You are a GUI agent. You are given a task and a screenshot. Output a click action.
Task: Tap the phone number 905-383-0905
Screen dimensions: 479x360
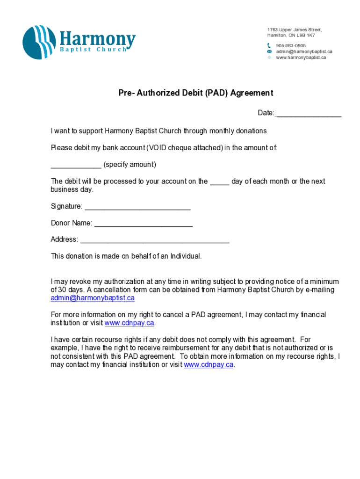[291, 45]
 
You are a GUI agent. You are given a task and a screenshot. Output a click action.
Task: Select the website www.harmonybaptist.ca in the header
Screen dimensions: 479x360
[301, 58]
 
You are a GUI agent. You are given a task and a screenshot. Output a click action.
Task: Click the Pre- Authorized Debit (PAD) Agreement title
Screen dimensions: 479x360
[195, 93]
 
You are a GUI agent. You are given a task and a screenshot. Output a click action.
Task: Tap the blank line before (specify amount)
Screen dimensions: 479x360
[76, 166]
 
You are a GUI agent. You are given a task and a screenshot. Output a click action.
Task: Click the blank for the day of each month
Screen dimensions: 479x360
[219, 182]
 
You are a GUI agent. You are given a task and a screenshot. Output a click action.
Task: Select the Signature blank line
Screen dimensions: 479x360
[137, 207]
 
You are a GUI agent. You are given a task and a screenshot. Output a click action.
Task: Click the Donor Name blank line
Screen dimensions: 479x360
[143, 224]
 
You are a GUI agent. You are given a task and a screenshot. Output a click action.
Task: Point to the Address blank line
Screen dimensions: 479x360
[155, 240]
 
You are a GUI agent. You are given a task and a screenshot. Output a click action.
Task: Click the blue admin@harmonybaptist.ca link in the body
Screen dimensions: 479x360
[93, 298]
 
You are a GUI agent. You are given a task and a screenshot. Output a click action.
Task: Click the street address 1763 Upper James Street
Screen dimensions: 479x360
[295, 30]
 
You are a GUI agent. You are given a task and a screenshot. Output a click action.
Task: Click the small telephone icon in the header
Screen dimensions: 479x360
[269, 45]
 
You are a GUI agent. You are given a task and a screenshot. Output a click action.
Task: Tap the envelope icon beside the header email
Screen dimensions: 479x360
[269, 51]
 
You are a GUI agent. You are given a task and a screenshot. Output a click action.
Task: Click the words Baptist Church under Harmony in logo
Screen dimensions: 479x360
[92, 50]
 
